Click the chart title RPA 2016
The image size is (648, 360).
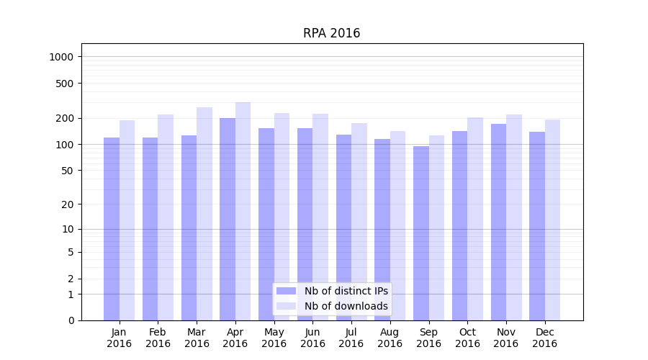(331, 33)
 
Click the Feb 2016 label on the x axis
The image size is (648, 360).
(158, 338)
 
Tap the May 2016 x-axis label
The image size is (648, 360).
(274, 338)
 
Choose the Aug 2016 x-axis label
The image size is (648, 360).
(390, 338)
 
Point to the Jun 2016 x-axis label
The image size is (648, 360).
(312, 338)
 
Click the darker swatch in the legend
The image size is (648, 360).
(286, 291)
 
